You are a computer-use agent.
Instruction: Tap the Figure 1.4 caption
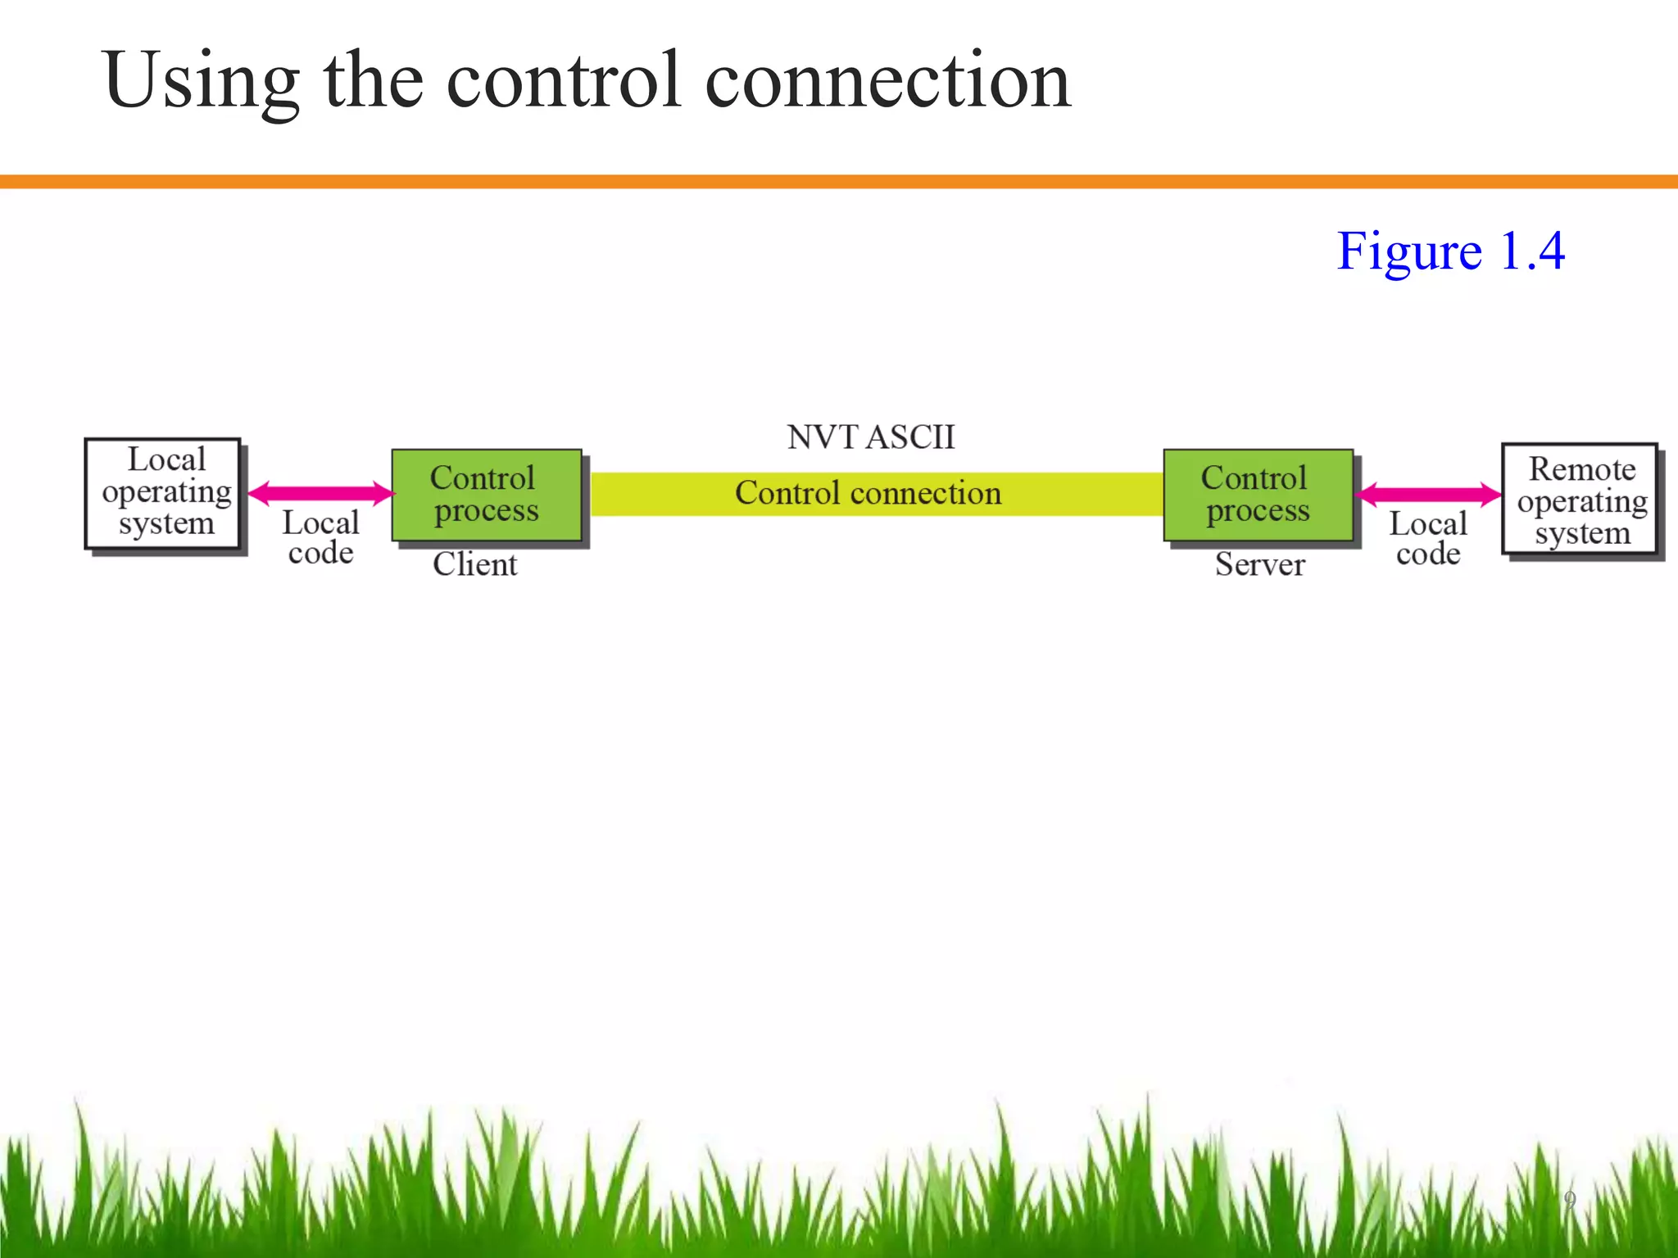pyautogui.click(x=1450, y=251)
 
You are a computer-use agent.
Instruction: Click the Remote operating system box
pyautogui.click(x=1580, y=500)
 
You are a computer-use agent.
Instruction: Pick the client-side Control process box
pyautogui.click(x=486, y=495)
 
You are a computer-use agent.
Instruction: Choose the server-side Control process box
pyautogui.click(x=1257, y=495)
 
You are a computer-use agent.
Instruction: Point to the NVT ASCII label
pyautogui.click(x=871, y=437)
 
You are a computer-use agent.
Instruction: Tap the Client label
pyautogui.click(x=475, y=564)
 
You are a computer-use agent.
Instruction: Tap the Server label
pyautogui.click(x=1259, y=564)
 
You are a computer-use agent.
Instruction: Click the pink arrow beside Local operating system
pyautogui.click(x=321, y=493)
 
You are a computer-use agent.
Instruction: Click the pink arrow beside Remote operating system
pyautogui.click(x=1427, y=494)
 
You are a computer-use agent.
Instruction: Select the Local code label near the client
pyautogui.click(x=320, y=538)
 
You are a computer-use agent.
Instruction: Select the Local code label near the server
pyautogui.click(x=1427, y=539)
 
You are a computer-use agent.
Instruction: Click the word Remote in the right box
pyautogui.click(x=1581, y=469)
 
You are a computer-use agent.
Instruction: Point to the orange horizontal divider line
pyautogui.click(x=839, y=182)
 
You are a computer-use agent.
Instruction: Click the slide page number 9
pyautogui.click(x=1569, y=1199)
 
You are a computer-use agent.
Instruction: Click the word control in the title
pyautogui.click(x=564, y=80)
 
